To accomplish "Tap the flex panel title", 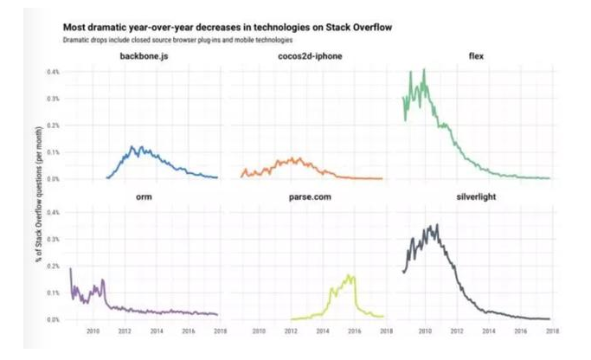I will [x=475, y=57].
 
